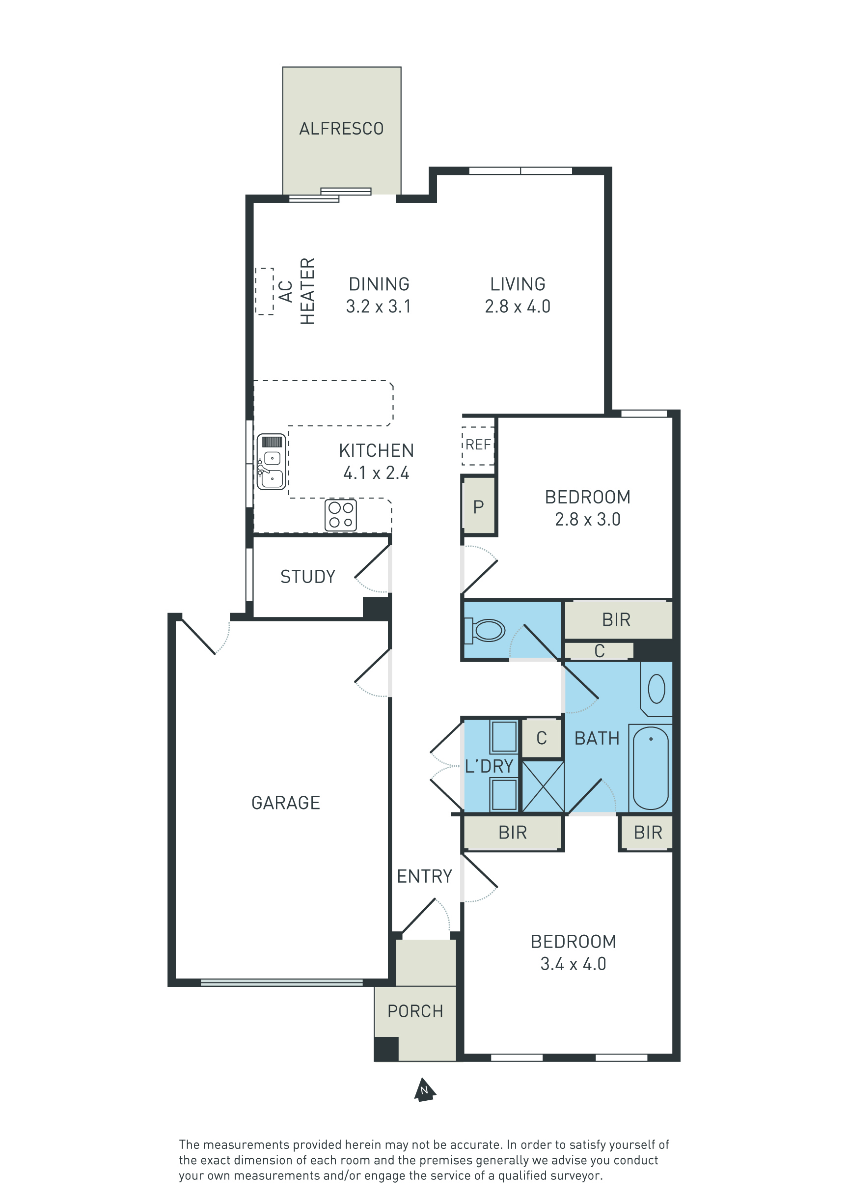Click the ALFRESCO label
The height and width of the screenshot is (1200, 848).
pyautogui.click(x=341, y=129)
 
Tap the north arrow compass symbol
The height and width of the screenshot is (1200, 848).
pyautogui.click(x=425, y=1089)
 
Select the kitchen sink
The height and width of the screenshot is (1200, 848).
pyautogui.click(x=271, y=462)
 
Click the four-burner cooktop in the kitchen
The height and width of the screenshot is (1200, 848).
pyautogui.click(x=341, y=515)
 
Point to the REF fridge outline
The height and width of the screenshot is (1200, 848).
pyautogui.click(x=478, y=446)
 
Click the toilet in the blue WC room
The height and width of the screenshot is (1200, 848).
pyautogui.click(x=484, y=630)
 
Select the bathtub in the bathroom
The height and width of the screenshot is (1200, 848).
pyautogui.click(x=651, y=768)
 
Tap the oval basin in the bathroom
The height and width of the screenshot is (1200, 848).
pyautogui.click(x=656, y=688)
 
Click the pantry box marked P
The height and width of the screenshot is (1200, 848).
pyautogui.click(x=478, y=505)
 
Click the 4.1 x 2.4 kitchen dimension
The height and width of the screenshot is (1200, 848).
pyautogui.click(x=376, y=473)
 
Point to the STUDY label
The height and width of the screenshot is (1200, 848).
pyautogui.click(x=308, y=577)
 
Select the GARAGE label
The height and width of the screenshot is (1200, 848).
pyautogui.click(x=285, y=803)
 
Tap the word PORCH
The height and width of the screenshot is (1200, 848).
pyautogui.click(x=415, y=1011)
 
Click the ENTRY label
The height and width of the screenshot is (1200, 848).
pyautogui.click(x=424, y=876)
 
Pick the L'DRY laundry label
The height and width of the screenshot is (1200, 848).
pyautogui.click(x=489, y=766)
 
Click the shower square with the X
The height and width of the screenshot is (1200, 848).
pyautogui.click(x=544, y=786)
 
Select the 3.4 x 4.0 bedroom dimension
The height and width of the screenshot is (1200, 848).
pyautogui.click(x=573, y=964)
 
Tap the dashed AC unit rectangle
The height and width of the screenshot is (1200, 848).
pyautogui.click(x=264, y=291)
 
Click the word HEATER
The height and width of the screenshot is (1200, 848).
pyautogui.click(x=308, y=291)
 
